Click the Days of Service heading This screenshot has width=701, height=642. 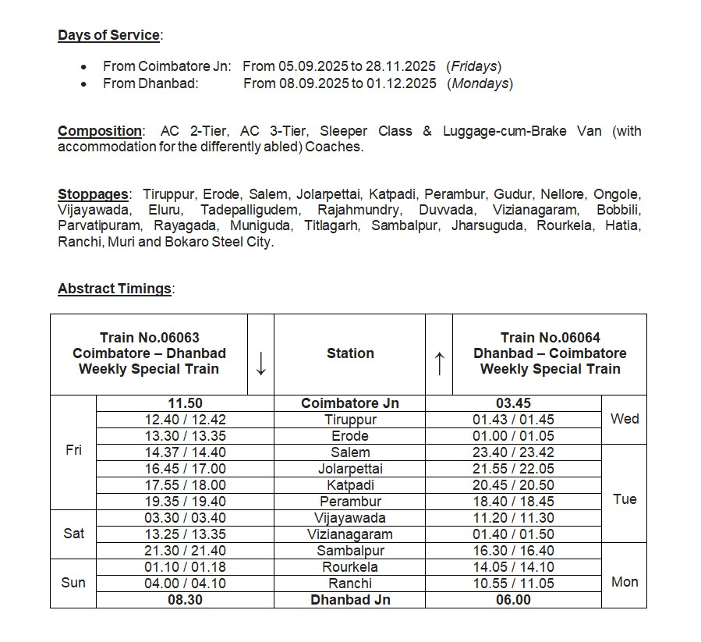(x=108, y=35)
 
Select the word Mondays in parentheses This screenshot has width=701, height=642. (x=480, y=83)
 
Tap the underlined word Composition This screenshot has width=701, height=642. (x=100, y=131)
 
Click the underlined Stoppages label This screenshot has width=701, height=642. (x=93, y=194)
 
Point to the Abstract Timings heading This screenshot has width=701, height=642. (x=115, y=289)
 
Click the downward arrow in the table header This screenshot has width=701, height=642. (x=260, y=363)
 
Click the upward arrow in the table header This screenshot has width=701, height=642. (x=439, y=363)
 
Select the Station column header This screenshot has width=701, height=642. (x=350, y=353)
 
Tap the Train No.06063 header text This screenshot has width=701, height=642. (x=150, y=338)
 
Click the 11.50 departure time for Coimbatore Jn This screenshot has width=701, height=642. (x=185, y=403)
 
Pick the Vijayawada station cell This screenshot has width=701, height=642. (x=350, y=518)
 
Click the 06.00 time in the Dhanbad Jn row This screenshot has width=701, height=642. (x=513, y=600)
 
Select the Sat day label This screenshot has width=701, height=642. (x=73, y=534)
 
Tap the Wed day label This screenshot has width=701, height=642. (x=625, y=419)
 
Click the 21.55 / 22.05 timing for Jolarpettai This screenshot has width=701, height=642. (x=513, y=469)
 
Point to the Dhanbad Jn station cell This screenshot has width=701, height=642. (x=350, y=600)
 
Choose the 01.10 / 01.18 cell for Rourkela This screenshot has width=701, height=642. (x=185, y=567)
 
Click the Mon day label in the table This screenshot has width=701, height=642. (x=625, y=582)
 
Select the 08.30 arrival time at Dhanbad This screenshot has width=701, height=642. (x=185, y=600)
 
